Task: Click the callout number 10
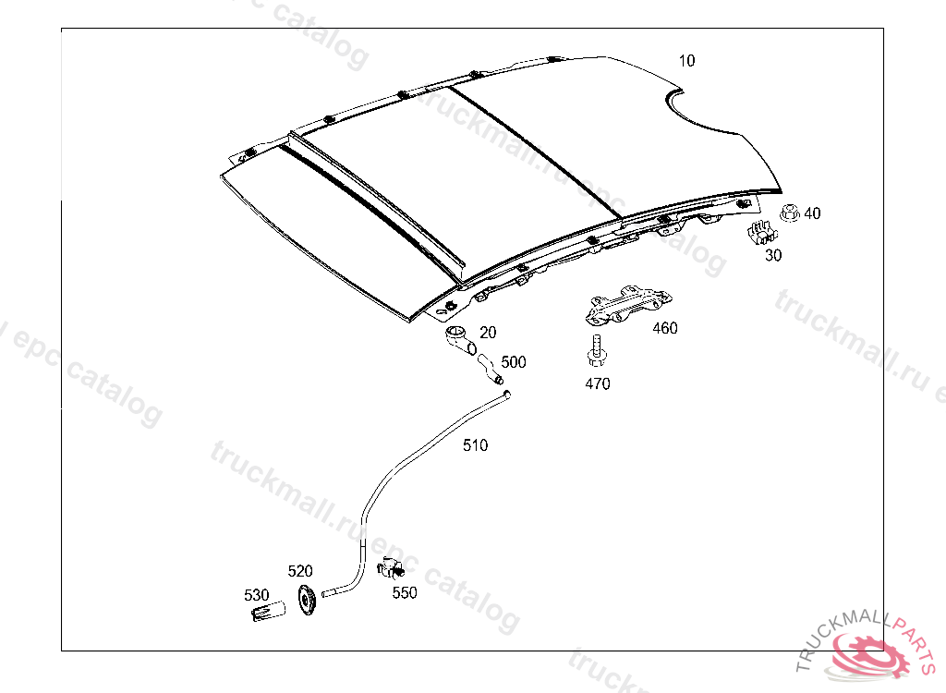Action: pyautogui.click(x=686, y=62)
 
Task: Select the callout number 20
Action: pyautogui.click(x=488, y=333)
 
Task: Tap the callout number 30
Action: pyautogui.click(x=772, y=256)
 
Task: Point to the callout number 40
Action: pyautogui.click(x=812, y=213)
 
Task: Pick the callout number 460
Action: pyautogui.click(x=664, y=328)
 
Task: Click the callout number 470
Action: pyautogui.click(x=598, y=384)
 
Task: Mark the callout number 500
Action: pyautogui.click(x=513, y=362)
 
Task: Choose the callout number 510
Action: pyautogui.click(x=475, y=445)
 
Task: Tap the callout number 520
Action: pyautogui.click(x=300, y=571)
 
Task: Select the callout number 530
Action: pyautogui.click(x=256, y=595)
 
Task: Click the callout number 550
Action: pyautogui.click(x=404, y=593)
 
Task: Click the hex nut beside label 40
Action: pyautogui.click(x=790, y=213)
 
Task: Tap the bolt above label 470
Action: pyautogui.click(x=596, y=351)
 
